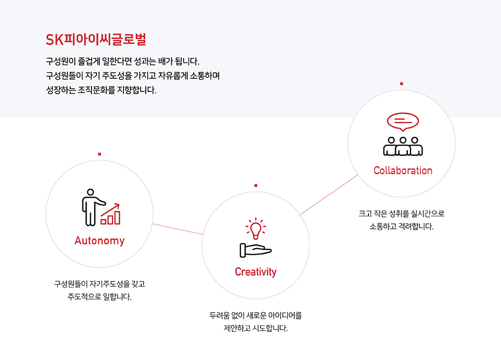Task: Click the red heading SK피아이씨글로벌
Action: (x=96, y=40)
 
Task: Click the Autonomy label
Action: (x=99, y=241)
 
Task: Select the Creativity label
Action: (x=256, y=272)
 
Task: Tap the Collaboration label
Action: (x=403, y=171)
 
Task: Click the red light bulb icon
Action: (x=256, y=229)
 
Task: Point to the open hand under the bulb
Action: (x=255, y=250)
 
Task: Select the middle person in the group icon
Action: (x=403, y=146)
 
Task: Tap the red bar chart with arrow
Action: (x=111, y=214)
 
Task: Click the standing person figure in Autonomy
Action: (x=90, y=207)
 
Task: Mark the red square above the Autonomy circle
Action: (x=99, y=154)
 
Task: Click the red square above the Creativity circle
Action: (x=256, y=186)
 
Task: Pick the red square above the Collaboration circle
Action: (x=401, y=84)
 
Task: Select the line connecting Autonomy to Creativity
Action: (x=178, y=229)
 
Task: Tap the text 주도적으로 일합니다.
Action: (x=99, y=298)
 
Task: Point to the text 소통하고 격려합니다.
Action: (x=401, y=226)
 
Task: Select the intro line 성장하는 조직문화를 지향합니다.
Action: (x=101, y=90)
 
